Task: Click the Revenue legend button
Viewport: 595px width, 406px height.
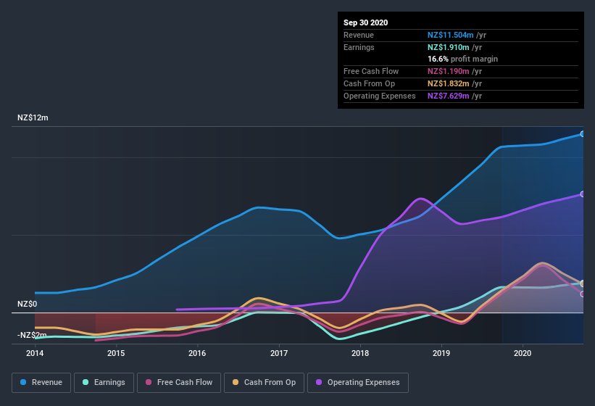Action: pos(42,382)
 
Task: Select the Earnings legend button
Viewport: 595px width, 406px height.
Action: pos(104,382)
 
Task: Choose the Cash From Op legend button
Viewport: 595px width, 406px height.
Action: pos(265,382)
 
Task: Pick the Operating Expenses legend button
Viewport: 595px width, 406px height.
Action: pos(358,382)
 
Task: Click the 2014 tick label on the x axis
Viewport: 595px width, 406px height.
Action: pos(35,353)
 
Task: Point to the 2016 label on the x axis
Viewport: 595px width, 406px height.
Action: pos(197,353)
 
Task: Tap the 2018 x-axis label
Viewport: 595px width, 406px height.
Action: pos(359,353)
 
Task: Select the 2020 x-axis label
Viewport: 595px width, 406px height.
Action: pos(522,353)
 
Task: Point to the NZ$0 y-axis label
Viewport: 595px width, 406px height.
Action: pos(28,304)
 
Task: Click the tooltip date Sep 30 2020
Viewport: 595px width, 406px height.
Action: pos(365,22)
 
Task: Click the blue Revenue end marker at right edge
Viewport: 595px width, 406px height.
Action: pos(583,134)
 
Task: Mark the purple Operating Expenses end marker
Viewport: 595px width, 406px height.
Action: pos(583,194)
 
